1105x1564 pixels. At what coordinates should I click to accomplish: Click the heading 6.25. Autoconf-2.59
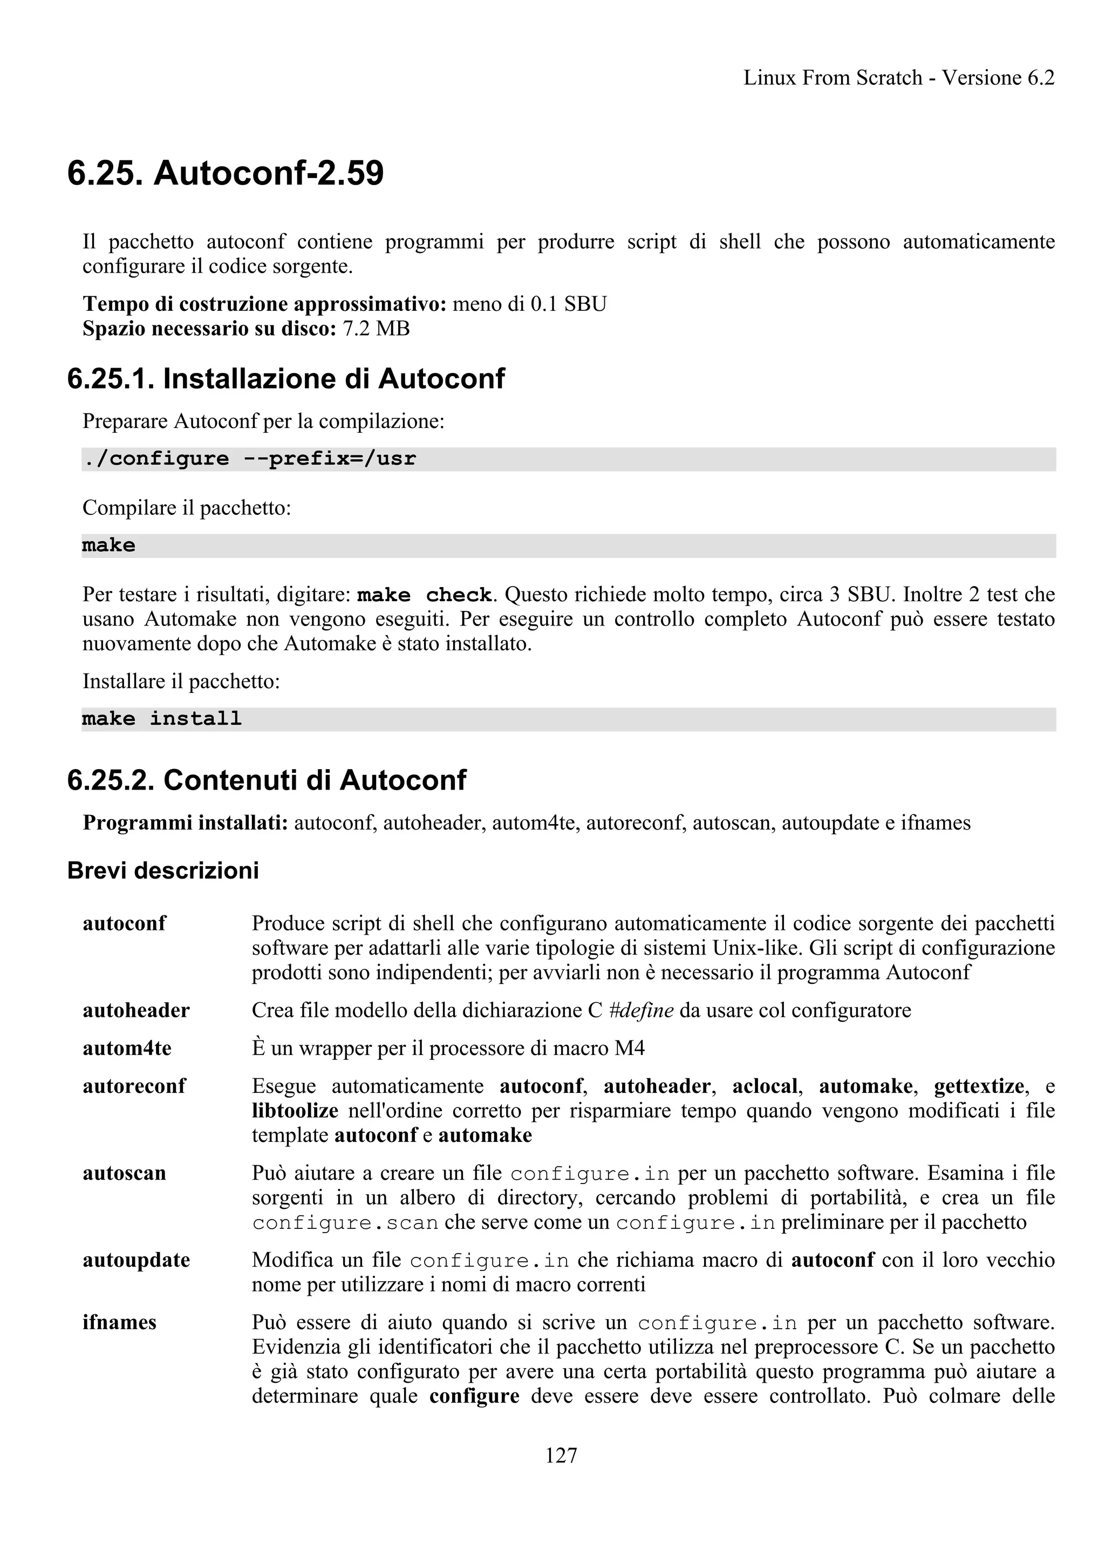[x=226, y=173]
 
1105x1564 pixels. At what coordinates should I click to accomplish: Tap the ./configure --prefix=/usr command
[x=249, y=459]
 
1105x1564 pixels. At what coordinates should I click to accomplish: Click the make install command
[x=162, y=719]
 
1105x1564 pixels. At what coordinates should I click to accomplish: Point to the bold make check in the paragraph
[x=424, y=595]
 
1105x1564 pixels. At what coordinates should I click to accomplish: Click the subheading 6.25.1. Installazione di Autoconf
[x=286, y=379]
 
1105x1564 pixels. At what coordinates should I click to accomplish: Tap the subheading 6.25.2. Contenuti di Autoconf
[x=267, y=780]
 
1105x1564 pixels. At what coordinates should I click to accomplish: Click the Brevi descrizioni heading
[x=163, y=871]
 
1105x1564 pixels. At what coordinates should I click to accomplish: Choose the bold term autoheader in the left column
[x=136, y=1010]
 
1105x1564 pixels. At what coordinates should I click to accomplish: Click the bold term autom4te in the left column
[x=127, y=1049]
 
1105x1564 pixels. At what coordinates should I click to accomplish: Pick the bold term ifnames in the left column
[x=119, y=1322]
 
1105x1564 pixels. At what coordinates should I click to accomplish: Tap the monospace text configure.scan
[x=345, y=1223]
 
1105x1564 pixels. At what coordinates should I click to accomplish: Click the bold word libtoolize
[x=295, y=1111]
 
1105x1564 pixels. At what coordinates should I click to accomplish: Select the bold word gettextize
[x=978, y=1086]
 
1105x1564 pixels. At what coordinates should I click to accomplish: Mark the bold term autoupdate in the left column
[x=136, y=1260]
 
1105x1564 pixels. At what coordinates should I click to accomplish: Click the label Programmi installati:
[x=185, y=823]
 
